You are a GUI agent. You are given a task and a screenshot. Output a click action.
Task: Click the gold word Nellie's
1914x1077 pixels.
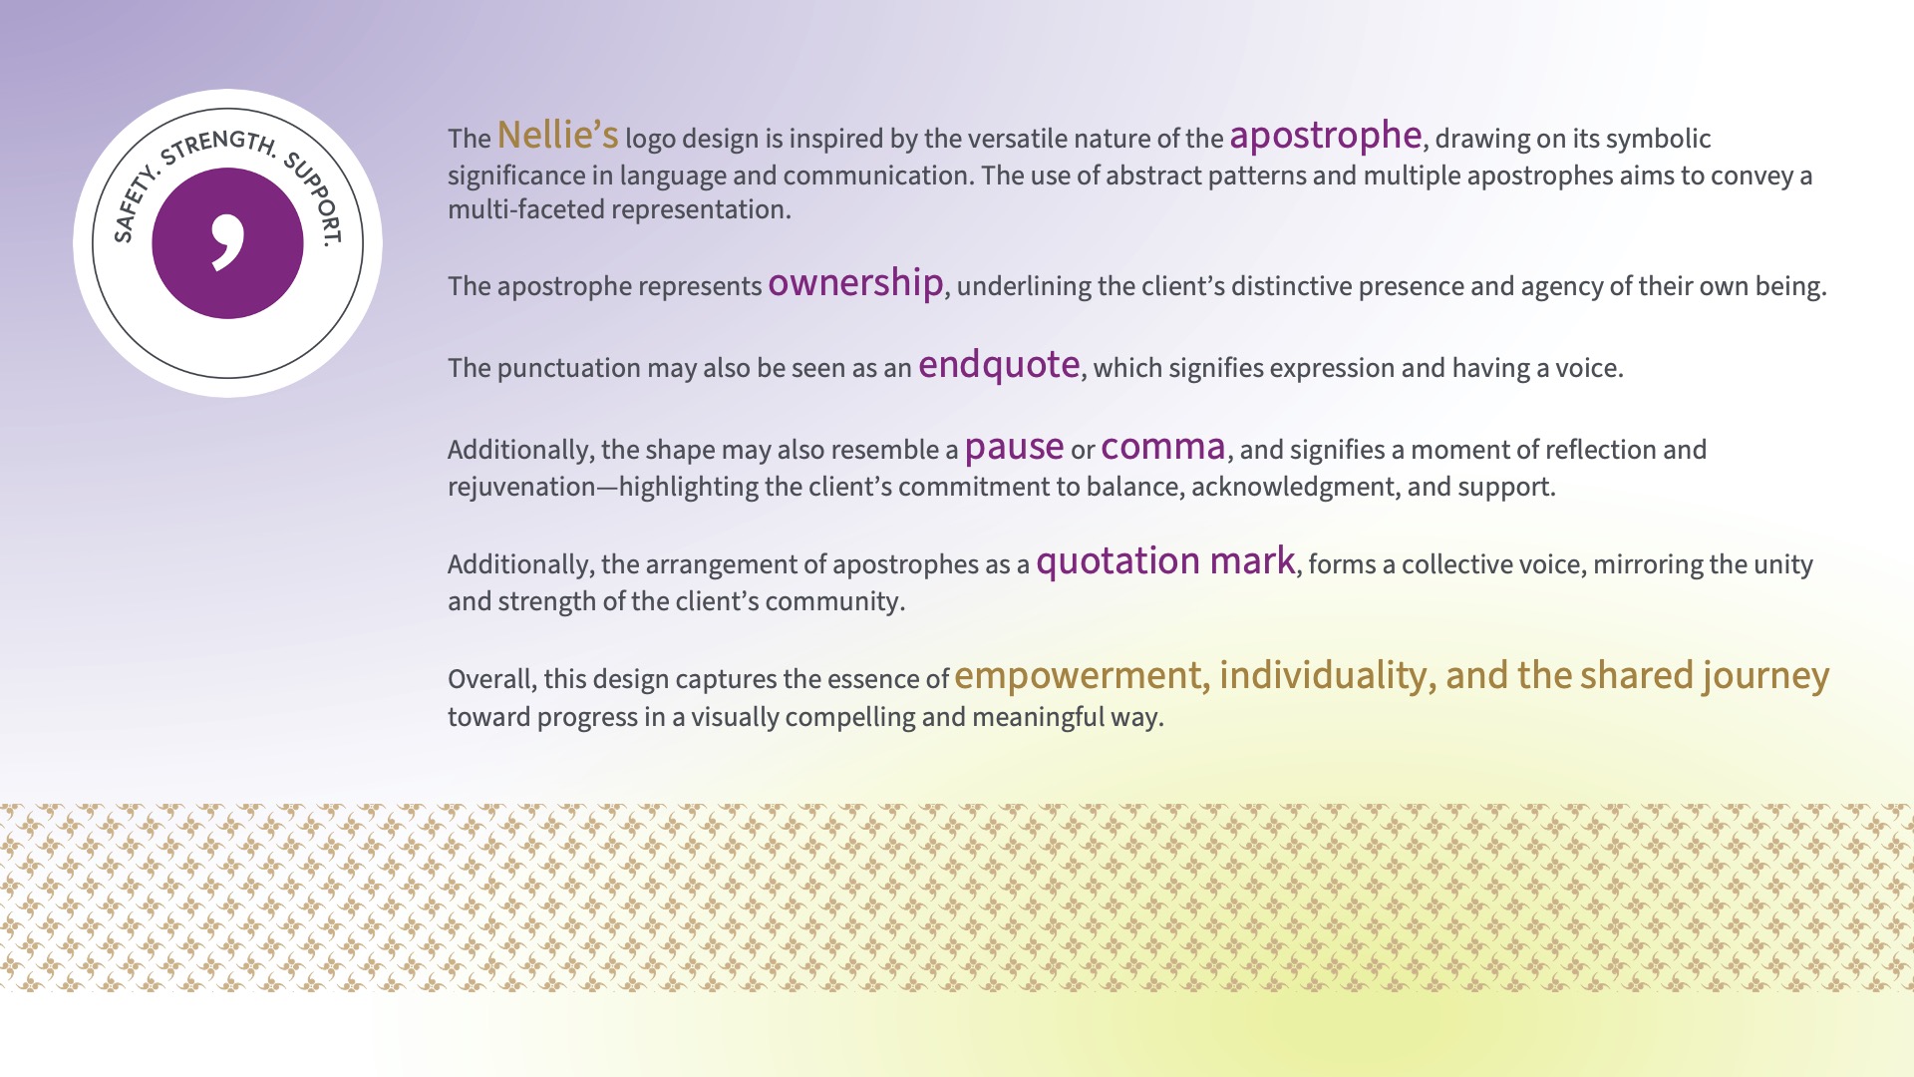pos(557,135)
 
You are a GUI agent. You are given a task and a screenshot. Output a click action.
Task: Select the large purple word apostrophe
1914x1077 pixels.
pos(1325,137)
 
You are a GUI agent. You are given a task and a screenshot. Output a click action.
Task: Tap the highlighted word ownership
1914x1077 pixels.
pos(855,283)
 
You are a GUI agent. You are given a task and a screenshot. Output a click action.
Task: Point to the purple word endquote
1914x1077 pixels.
pos(999,365)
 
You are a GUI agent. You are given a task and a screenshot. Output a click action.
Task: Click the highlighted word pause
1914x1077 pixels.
pos(1014,448)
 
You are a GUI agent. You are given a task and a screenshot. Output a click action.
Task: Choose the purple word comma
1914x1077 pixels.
pos(1162,448)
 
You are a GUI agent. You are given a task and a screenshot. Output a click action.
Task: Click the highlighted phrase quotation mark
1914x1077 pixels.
pos(1165,561)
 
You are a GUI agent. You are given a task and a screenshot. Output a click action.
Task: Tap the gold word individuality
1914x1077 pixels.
pos(1324,676)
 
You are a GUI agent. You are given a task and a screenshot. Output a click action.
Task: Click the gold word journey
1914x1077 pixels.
pos(1765,676)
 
